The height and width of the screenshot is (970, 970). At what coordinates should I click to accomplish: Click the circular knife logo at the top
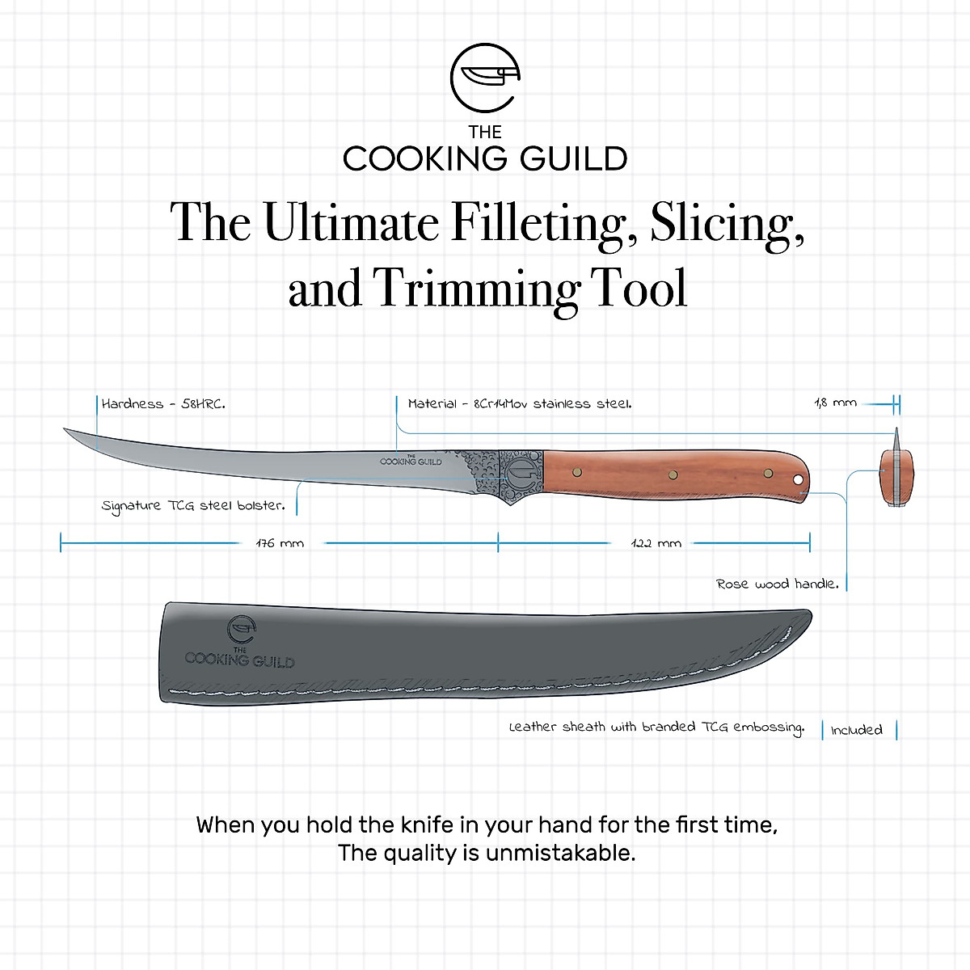tap(484, 78)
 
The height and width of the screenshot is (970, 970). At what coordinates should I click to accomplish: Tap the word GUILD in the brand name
tap(573, 158)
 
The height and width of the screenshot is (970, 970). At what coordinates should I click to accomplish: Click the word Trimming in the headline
tap(474, 289)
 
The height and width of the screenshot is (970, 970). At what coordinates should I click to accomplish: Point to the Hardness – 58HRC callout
tap(163, 403)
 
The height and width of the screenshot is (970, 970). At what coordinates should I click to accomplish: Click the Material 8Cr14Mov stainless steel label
tap(520, 403)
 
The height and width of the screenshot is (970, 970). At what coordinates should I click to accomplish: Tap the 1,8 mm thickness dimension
tap(835, 403)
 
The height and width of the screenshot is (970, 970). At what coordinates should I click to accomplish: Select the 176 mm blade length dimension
tap(280, 543)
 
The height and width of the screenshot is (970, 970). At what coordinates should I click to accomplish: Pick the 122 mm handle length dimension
tap(656, 543)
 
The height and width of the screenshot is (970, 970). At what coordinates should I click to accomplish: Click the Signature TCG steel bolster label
tap(193, 506)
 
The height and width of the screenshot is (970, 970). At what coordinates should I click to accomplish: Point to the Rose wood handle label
tap(777, 584)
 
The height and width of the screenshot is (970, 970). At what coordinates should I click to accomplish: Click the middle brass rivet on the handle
tap(672, 474)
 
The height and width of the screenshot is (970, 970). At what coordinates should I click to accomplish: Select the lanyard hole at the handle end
tap(798, 481)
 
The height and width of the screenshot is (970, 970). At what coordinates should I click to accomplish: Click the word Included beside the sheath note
tap(856, 730)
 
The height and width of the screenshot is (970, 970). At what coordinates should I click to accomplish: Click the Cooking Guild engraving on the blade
tap(411, 460)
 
